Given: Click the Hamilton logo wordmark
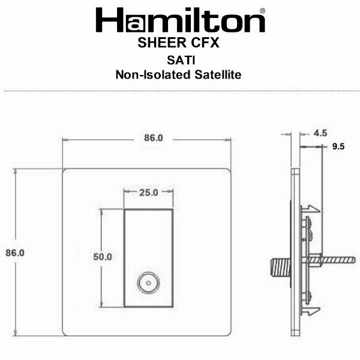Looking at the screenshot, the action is coord(181,20).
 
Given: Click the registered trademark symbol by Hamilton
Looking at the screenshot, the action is coord(262,11).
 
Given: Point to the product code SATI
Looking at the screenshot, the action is coord(181,61).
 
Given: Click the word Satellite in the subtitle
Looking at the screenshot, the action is coord(218,74).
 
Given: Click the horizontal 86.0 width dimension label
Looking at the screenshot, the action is coord(154,138).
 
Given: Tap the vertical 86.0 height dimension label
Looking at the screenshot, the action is coord(15,253).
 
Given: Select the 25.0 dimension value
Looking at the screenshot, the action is coord(149,193).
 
